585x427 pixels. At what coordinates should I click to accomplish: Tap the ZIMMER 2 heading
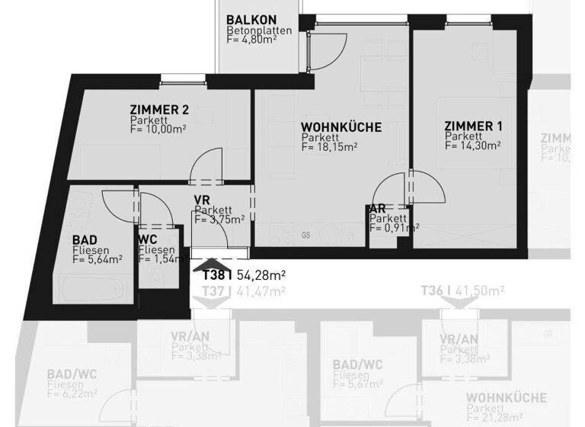click(x=158, y=110)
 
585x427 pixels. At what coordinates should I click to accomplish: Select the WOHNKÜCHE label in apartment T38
click(x=340, y=127)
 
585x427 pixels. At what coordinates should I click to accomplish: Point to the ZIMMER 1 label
click(x=474, y=126)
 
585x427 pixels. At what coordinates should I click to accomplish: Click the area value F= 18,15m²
click(x=329, y=148)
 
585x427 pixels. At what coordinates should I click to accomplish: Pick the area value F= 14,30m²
click(x=473, y=146)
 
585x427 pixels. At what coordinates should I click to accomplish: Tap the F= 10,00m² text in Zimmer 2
click(x=158, y=130)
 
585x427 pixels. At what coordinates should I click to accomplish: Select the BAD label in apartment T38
click(x=85, y=239)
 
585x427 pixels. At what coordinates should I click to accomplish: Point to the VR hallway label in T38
click(x=202, y=200)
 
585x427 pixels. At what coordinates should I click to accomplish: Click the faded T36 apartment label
click(x=435, y=291)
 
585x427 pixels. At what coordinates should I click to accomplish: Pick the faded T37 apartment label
click(x=216, y=291)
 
